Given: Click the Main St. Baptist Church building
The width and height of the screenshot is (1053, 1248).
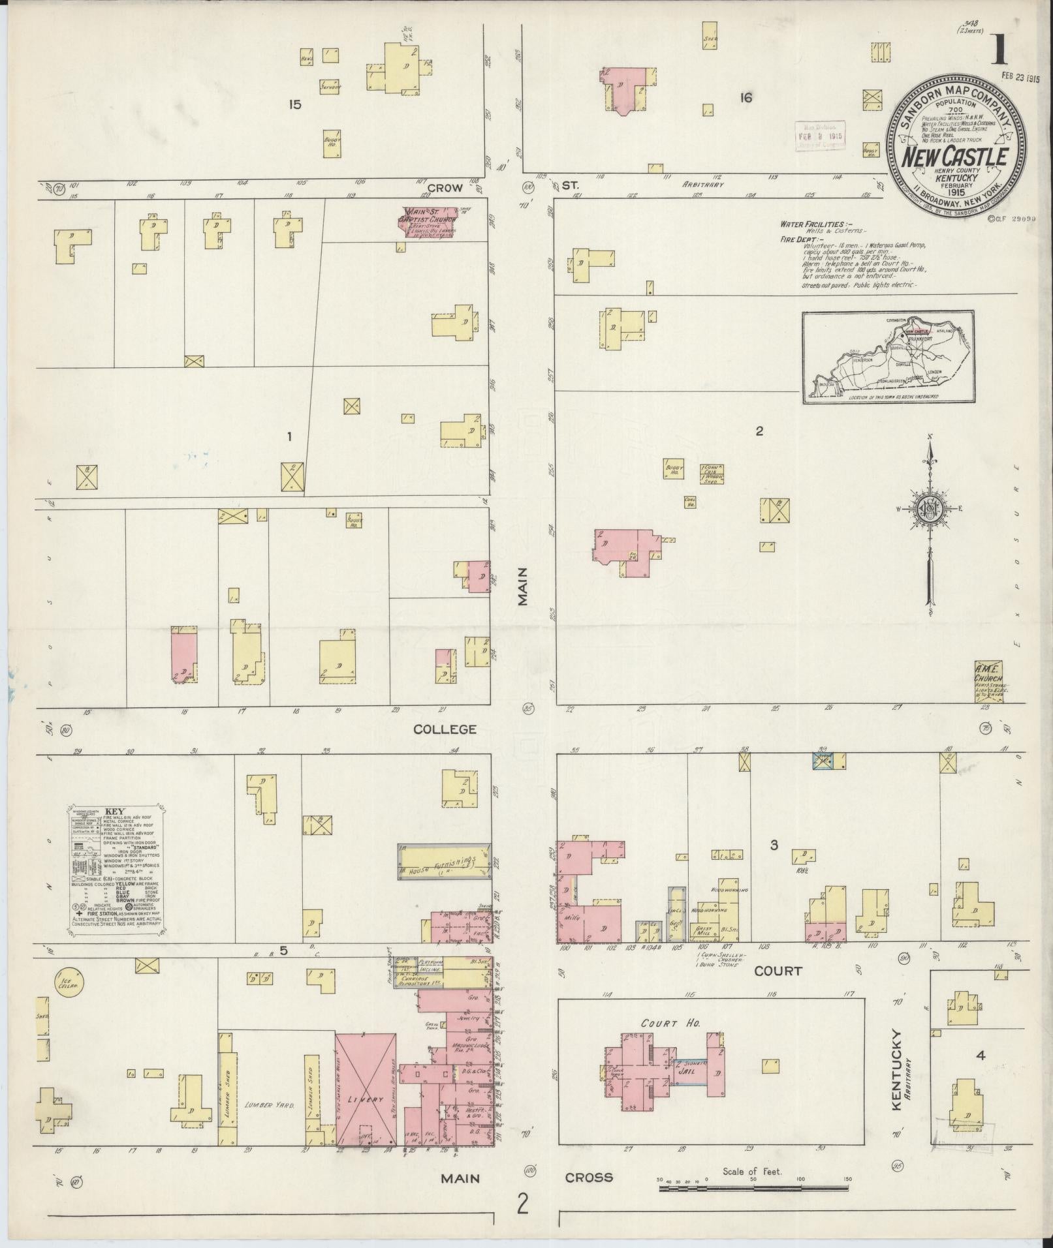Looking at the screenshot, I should tap(428, 221).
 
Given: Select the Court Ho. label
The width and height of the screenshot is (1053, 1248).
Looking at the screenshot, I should tap(661, 1024).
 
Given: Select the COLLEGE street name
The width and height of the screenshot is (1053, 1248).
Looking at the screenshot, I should tap(446, 729).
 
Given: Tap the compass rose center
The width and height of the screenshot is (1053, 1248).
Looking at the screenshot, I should tap(929, 508).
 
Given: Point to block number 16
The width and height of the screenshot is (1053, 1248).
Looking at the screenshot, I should tap(746, 98).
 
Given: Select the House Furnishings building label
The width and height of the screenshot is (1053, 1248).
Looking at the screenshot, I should tap(444, 862).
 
